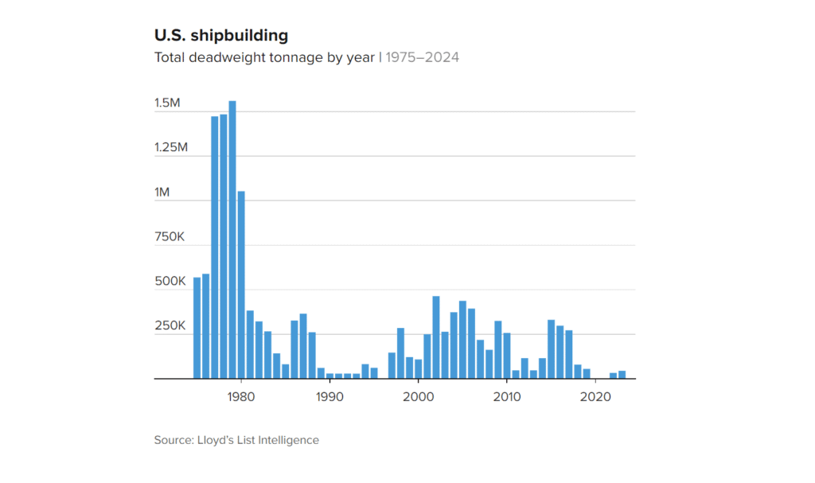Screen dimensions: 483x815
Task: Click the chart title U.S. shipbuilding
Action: (220, 36)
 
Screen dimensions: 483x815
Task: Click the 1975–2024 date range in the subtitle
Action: (422, 57)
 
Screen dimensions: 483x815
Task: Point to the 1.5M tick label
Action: (168, 103)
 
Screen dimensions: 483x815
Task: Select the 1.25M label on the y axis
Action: (171, 147)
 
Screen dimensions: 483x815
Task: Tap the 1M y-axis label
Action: (162, 192)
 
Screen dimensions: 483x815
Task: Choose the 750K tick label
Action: (170, 237)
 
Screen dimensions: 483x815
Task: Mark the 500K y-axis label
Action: (170, 282)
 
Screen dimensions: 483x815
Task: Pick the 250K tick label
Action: (170, 326)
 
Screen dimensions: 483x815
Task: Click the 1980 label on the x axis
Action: (240, 395)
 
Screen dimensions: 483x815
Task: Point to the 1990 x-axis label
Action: (329, 395)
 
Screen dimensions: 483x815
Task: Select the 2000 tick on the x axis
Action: (418, 395)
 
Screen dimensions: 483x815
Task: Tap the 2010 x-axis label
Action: (507, 395)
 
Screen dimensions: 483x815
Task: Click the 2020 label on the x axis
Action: (595, 395)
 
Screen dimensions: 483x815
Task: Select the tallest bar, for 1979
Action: (232, 240)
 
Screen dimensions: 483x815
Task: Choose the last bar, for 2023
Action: (622, 375)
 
